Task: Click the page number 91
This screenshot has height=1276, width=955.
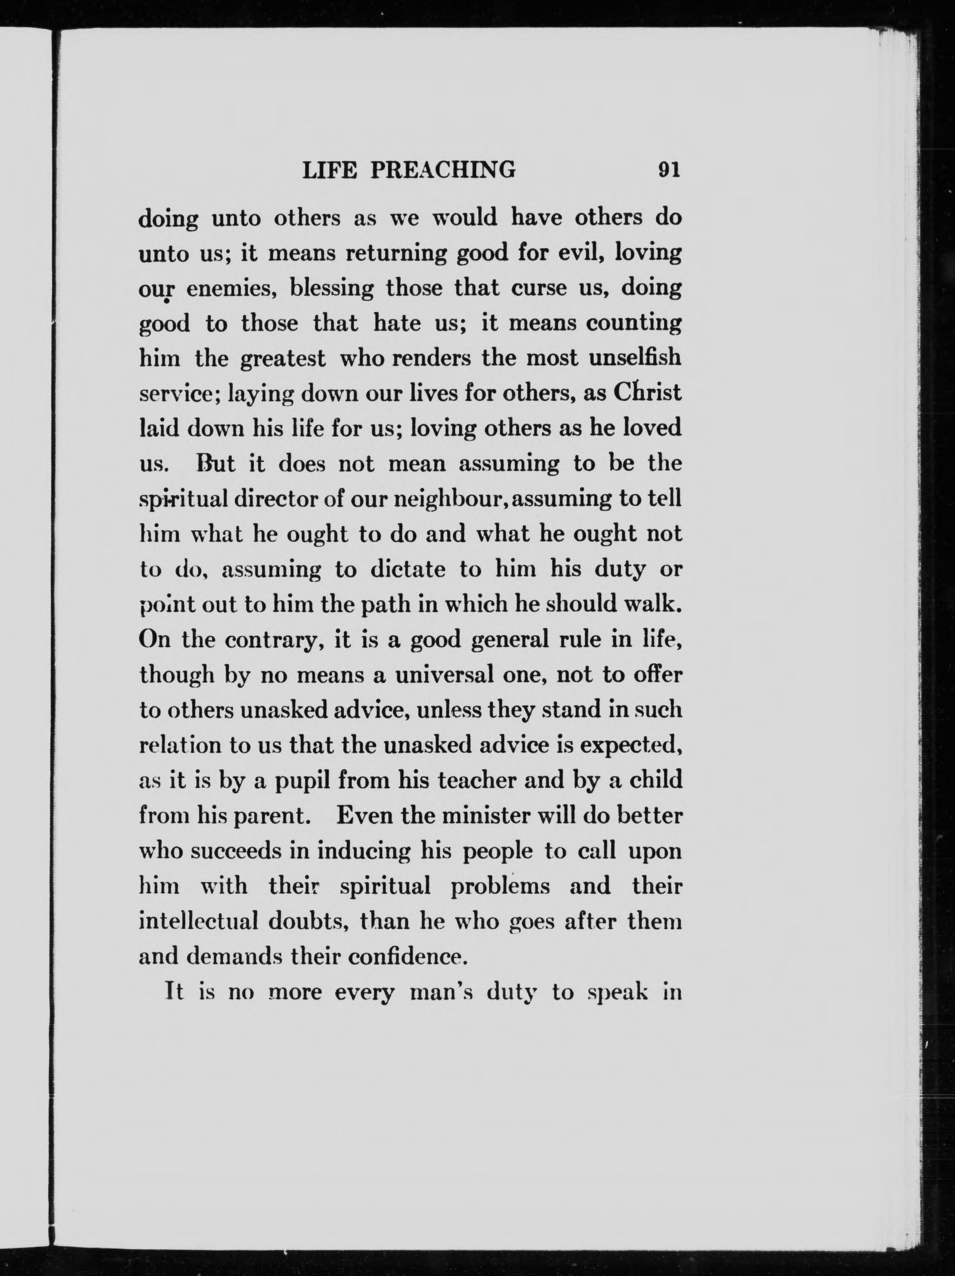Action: click(x=669, y=170)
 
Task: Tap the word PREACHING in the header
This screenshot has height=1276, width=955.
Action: click(x=443, y=170)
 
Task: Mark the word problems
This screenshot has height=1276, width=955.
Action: click(x=500, y=886)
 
